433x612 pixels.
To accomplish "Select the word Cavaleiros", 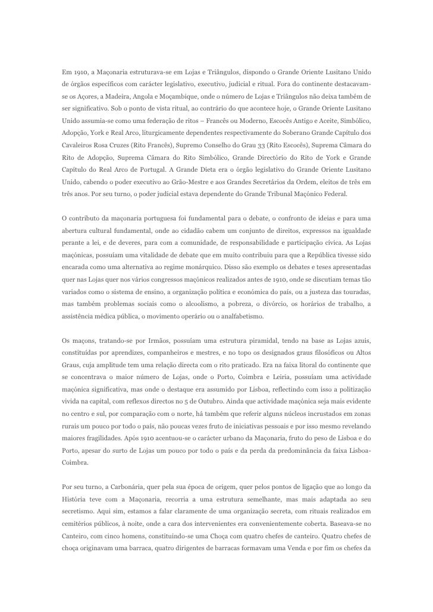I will coord(81,144).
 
